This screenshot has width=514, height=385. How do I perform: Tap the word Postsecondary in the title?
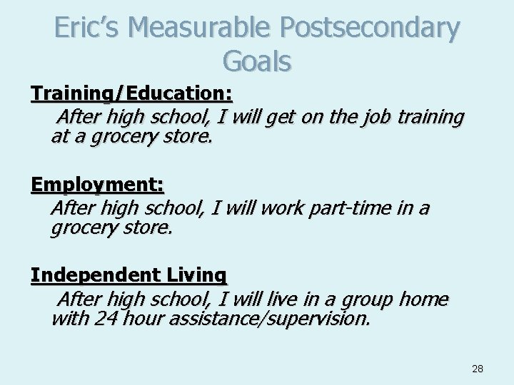click(370, 28)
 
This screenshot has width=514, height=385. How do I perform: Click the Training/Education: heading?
click(132, 93)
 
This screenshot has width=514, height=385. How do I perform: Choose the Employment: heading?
click(98, 185)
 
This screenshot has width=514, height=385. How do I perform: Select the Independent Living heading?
click(128, 274)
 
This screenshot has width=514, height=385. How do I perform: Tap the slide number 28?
click(478, 369)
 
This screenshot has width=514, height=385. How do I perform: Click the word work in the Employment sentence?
click(284, 207)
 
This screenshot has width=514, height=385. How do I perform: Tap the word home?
click(423, 299)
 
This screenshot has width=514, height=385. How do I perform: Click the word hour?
click(144, 317)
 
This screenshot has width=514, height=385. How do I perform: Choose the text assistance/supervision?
click(269, 317)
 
